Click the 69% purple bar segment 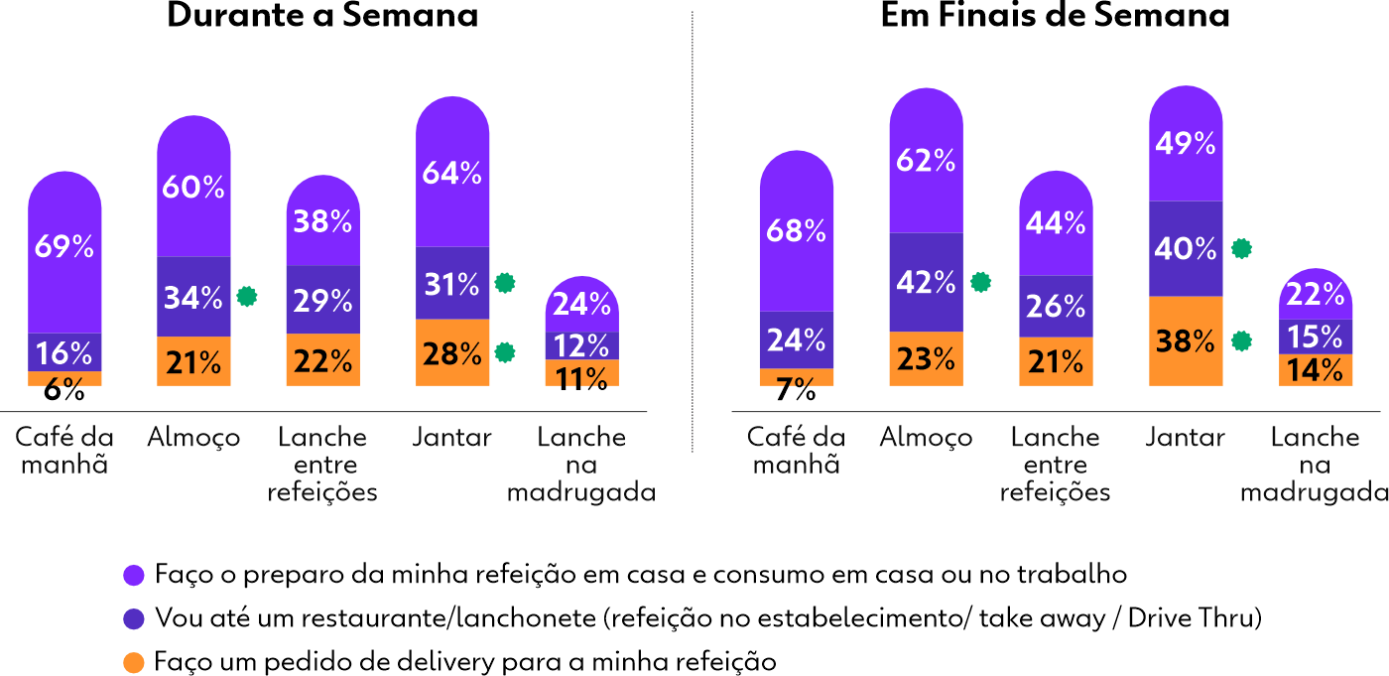[x=64, y=248]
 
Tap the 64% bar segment [x=452, y=173]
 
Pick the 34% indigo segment [x=193, y=297]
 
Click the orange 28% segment [x=452, y=352]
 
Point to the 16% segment [x=64, y=351]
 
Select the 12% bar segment [x=581, y=345]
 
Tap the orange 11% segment [x=581, y=374]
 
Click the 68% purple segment [x=797, y=230]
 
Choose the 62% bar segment [x=926, y=160]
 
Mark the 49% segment [x=1186, y=143]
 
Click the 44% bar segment [x=1056, y=223]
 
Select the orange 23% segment [x=926, y=358]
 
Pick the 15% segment [x=1315, y=337]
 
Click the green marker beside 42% [x=980, y=283]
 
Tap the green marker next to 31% [x=505, y=284]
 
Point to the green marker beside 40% [x=1240, y=249]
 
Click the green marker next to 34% [x=247, y=297]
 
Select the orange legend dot [x=134, y=662]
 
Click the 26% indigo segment [x=1056, y=307]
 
